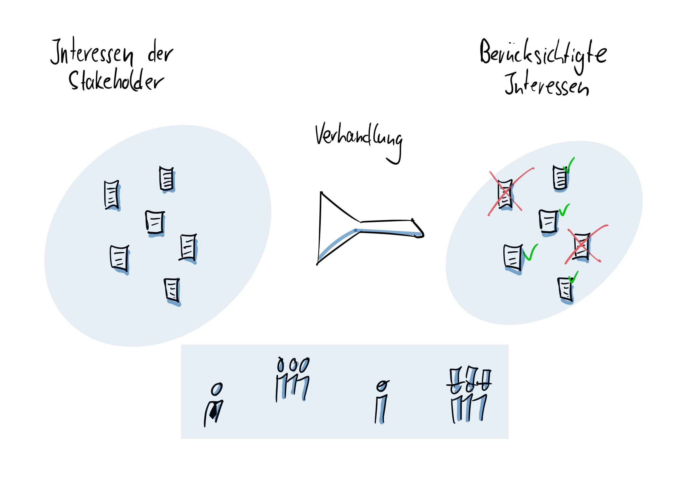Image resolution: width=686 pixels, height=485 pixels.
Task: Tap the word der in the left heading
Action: [x=160, y=54]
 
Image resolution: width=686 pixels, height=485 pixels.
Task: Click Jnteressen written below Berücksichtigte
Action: [x=547, y=85]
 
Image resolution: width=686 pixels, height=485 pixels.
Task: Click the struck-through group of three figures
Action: [x=468, y=394]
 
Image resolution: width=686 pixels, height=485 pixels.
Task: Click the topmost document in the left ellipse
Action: [x=166, y=179]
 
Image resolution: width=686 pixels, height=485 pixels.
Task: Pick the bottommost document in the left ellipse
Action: [x=172, y=290]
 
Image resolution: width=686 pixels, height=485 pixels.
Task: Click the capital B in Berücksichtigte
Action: [x=487, y=52]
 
